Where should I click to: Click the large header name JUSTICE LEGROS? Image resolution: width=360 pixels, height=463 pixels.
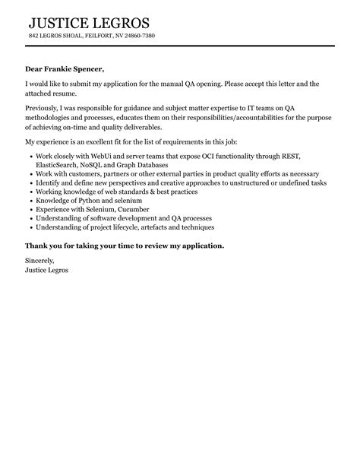click(x=89, y=23)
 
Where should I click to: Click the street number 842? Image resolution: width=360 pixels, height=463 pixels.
click(x=33, y=36)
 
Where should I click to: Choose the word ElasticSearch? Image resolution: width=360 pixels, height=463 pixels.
click(x=58, y=164)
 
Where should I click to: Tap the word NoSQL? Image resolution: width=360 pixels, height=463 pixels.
click(x=105, y=164)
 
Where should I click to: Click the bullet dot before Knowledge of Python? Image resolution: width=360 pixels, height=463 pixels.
click(x=30, y=200)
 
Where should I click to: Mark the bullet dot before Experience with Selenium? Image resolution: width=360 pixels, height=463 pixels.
click(x=30, y=209)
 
